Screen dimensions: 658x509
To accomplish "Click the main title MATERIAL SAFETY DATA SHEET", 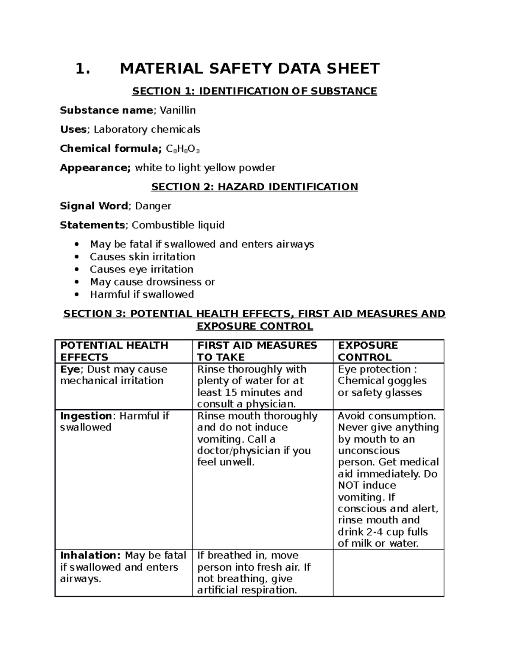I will [x=249, y=69].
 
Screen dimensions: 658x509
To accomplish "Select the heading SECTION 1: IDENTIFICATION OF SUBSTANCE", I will [x=255, y=91].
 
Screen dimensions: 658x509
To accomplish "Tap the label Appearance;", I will [x=95, y=168].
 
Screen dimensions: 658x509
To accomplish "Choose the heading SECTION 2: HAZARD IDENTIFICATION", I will [x=255, y=187].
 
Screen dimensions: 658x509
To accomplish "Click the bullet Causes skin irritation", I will [x=142, y=257].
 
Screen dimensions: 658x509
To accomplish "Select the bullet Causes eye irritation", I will [x=141, y=269].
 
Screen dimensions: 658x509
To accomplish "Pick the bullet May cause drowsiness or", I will [x=152, y=282].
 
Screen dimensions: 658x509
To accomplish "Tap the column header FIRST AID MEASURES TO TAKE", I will [x=257, y=351].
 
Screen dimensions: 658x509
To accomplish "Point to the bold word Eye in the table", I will [x=69, y=369].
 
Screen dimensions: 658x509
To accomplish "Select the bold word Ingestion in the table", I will [x=85, y=416].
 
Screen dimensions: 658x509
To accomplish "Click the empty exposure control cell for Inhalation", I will [x=388, y=573].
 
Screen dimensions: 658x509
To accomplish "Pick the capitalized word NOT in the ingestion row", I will [x=348, y=486].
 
